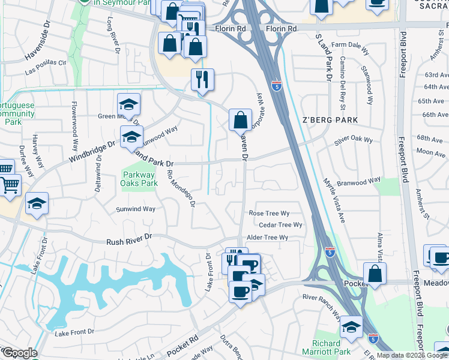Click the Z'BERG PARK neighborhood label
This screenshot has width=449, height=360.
[331, 120]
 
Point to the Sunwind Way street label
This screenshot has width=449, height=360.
[136, 209]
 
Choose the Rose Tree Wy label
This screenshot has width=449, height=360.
[269, 213]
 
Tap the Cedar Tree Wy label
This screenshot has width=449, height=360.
[279, 225]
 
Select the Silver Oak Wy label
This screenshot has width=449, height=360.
[354, 140]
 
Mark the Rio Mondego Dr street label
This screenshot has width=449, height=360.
[182, 187]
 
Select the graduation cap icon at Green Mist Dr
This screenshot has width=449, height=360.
[128, 105]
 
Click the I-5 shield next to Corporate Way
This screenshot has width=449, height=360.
[276, 86]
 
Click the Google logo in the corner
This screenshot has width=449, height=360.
[19, 353]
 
